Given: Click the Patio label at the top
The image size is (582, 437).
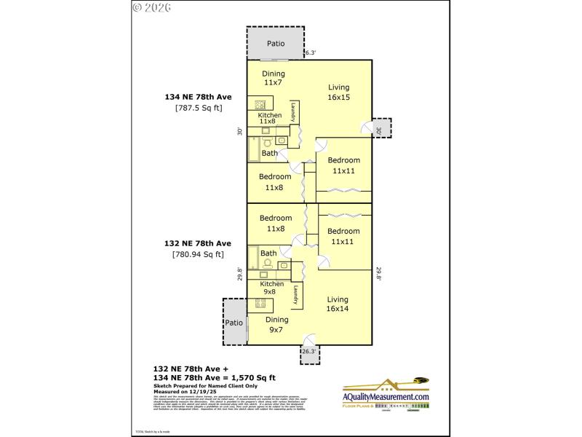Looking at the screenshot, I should (x=276, y=44).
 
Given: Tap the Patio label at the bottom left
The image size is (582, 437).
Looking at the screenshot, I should (x=234, y=323).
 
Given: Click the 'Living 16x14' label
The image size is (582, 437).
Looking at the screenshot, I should (x=338, y=304).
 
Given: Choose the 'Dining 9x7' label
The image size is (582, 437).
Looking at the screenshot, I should (x=276, y=324).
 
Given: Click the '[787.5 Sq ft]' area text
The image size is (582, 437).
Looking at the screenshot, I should (x=199, y=108).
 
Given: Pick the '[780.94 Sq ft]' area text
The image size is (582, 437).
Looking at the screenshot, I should (x=198, y=254).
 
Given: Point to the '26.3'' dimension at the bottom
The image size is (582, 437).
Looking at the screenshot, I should (x=309, y=351).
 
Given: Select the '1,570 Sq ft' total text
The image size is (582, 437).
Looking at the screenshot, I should (x=251, y=377).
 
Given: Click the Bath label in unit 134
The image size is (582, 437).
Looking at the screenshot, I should (x=270, y=154).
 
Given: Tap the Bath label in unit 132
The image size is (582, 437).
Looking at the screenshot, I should (x=268, y=253).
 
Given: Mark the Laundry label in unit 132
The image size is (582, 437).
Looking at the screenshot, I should (x=295, y=294).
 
